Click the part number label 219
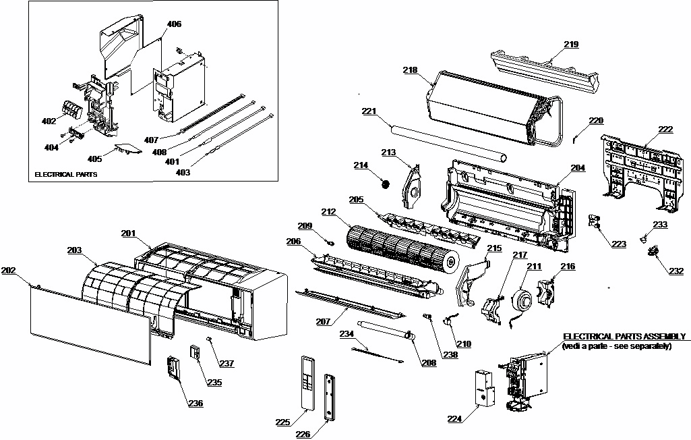571,45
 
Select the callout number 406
174,24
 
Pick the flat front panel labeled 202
88,331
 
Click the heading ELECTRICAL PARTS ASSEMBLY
624,336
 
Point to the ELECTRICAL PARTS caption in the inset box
65,174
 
